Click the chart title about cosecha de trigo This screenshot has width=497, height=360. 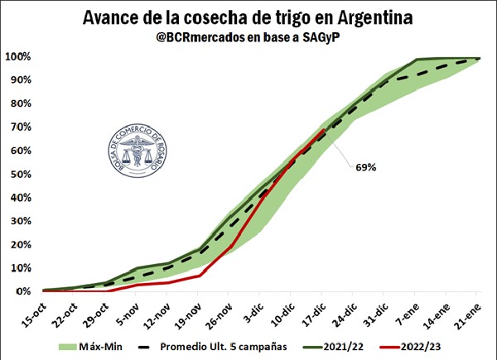248,17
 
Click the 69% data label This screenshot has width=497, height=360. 364,167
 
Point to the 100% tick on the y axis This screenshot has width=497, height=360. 17,57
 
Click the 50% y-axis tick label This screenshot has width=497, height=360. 20,175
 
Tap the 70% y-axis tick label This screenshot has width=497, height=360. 20,127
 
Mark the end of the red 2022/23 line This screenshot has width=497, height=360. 323,130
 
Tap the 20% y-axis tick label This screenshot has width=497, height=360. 20,245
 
